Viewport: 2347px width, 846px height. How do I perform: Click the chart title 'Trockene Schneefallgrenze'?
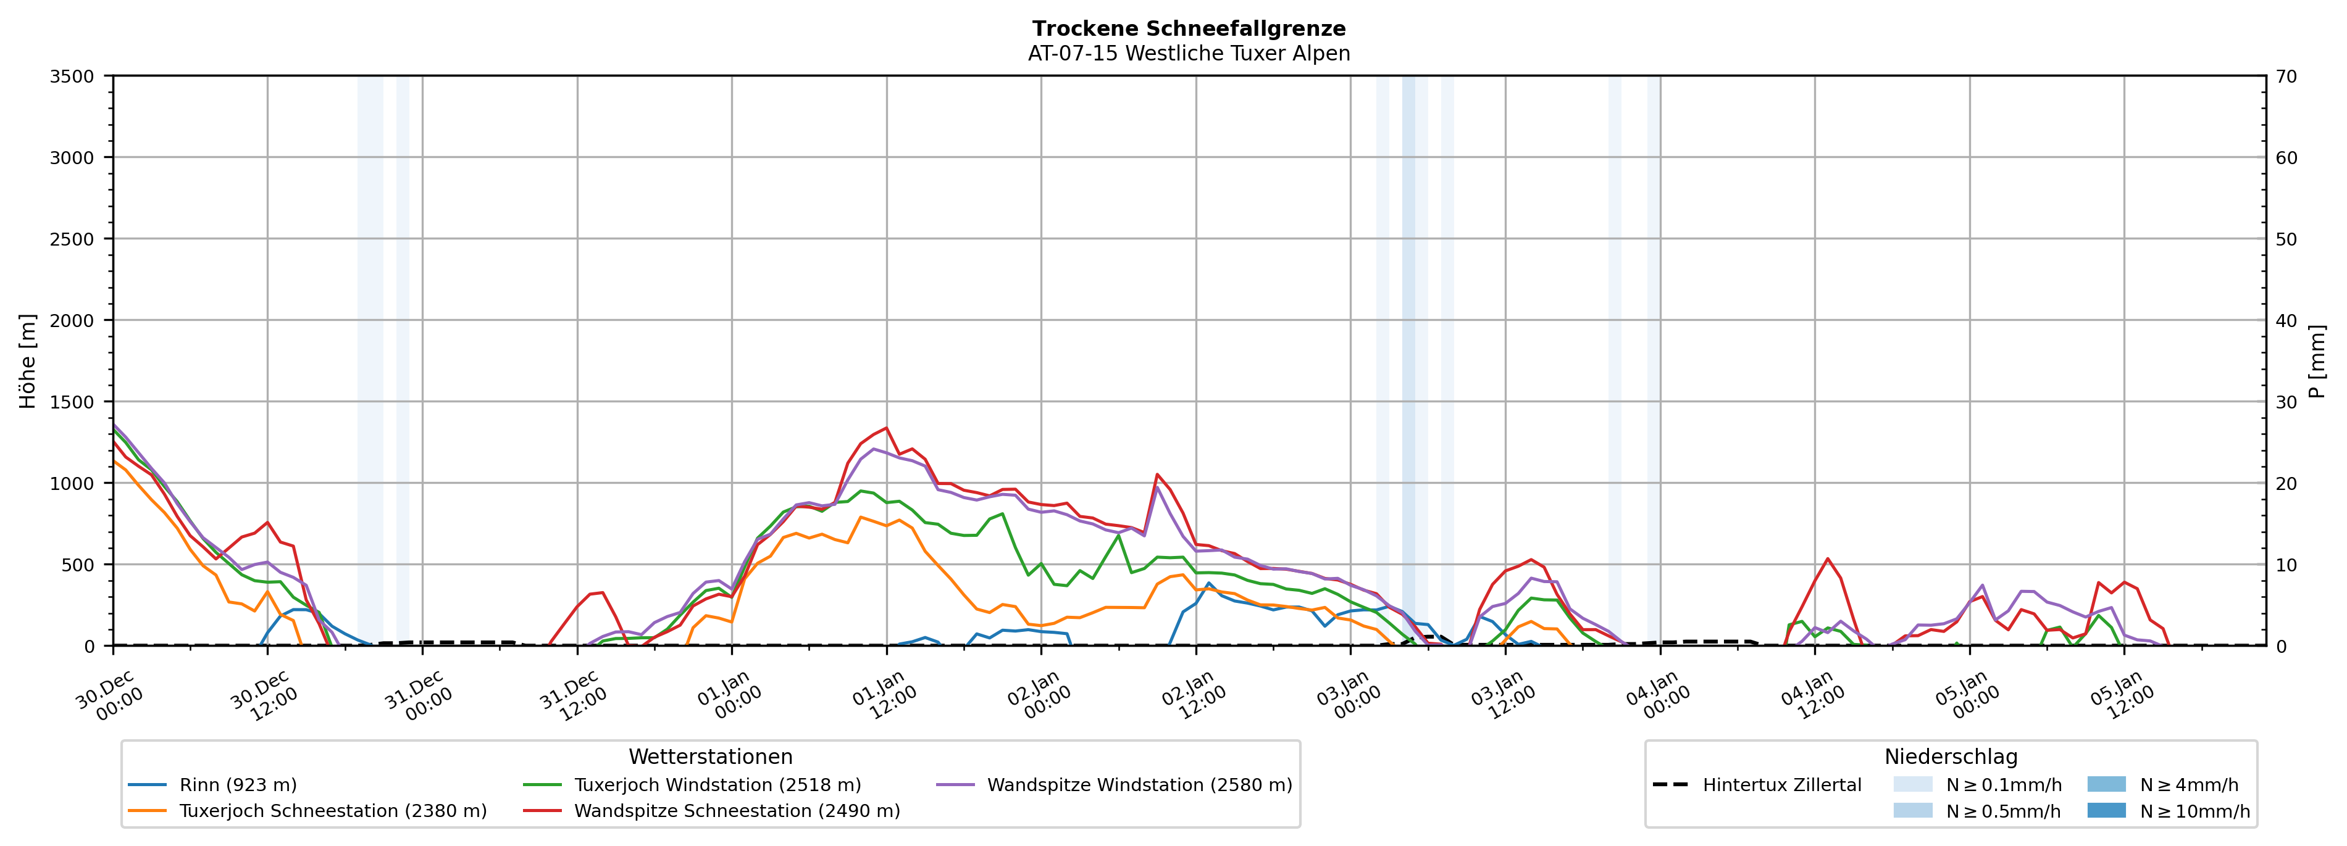tap(1188, 29)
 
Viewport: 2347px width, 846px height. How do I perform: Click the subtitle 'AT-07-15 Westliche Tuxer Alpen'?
tap(1188, 54)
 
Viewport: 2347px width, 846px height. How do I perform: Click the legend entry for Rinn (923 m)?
tap(238, 785)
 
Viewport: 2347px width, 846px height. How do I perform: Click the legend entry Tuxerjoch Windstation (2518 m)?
tap(717, 785)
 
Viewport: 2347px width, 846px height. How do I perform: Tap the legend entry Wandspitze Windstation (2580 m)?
tap(1139, 785)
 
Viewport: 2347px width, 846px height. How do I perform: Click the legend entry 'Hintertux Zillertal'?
tap(1781, 785)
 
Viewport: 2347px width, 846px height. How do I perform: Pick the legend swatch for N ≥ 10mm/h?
tap(2106, 810)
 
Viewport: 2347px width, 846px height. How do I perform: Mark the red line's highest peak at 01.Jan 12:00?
tap(885, 428)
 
